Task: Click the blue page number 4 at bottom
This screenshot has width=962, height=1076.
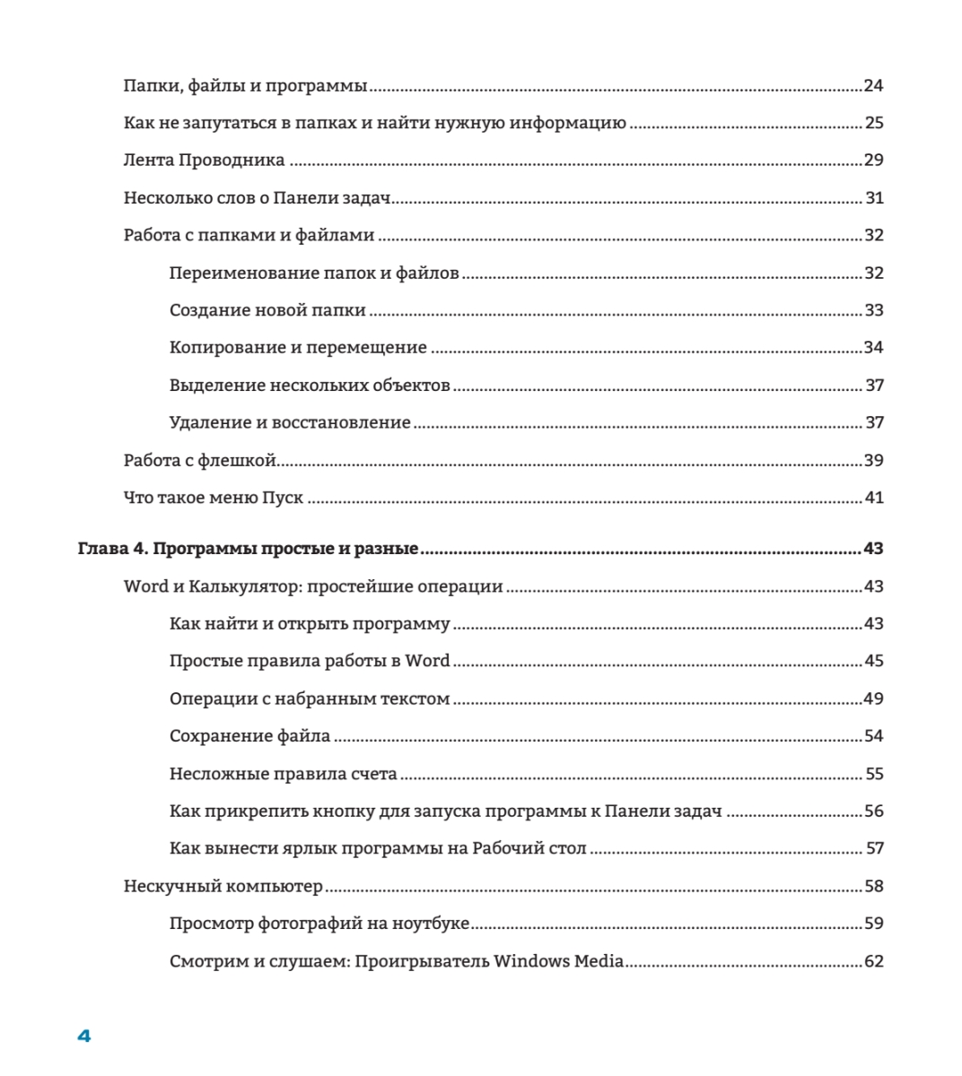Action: (84, 1037)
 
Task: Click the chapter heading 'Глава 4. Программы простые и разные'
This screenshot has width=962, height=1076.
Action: (249, 549)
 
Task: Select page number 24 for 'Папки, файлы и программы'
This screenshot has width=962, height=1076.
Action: (873, 86)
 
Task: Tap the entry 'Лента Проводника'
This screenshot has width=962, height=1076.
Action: (204, 161)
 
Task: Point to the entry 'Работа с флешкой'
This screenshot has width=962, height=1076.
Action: (199, 461)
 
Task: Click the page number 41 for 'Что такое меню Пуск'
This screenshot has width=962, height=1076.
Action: (873, 498)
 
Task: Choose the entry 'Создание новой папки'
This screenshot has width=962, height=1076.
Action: (267, 310)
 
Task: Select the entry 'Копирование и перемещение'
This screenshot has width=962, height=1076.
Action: (298, 348)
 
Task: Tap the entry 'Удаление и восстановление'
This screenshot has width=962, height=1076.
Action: (290, 422)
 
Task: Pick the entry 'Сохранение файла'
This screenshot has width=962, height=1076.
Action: (249, 736)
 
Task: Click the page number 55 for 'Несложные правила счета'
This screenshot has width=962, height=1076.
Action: (873, 774)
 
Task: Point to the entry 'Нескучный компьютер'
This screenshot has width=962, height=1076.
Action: (223, 887)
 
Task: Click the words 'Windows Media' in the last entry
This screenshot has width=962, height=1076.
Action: (558, 961)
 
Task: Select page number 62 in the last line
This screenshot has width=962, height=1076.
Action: (873, 961)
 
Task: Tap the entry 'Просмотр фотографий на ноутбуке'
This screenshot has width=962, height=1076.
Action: (319, 924)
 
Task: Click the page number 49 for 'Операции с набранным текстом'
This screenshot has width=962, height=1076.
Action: (873, 699)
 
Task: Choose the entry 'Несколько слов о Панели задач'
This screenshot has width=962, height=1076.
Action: (255, 198)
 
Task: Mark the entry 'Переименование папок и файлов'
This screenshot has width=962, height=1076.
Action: (314, 273)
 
